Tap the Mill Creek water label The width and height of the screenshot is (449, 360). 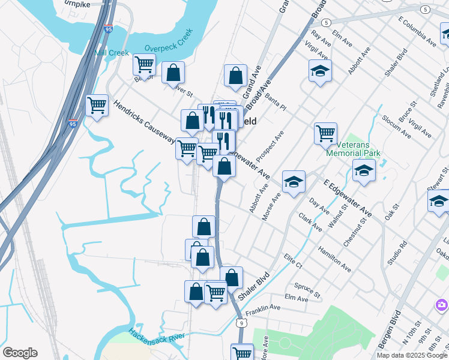point(112,53)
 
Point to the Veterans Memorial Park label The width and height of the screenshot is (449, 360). point(353,149)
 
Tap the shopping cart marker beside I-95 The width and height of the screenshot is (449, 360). point(97,106)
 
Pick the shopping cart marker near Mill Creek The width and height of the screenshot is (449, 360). point(144,64)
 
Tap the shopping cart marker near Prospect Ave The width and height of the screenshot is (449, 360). point(325,133)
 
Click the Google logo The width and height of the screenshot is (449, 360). point(20,353)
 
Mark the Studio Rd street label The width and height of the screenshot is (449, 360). point(397,253)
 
